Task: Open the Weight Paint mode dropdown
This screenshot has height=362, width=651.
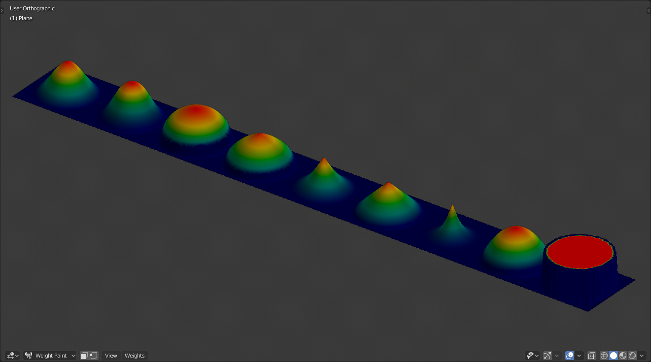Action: pyautogui.click(x=50, y=356)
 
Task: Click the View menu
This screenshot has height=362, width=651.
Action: pyautogui.click(x=111, y=356)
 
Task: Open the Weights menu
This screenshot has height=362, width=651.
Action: pyautogui.click(x=135, y=356)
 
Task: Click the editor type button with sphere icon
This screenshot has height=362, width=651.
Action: pyautogui.click(x=12, y=356)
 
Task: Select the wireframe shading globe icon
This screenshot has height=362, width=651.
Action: pyautogui.click(x=604, y=356)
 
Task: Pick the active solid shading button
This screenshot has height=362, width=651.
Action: pyautogui.click(x=614, y=356)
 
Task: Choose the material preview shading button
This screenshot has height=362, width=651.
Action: pyautogui.click(x=623, y=356)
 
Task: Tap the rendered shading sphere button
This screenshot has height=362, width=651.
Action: pyautogui.click(x=632, y=356)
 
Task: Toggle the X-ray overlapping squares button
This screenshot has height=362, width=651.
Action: pyautogui.click(x=591, y=356)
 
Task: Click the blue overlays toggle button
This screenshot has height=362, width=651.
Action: pyautogui.click(x=570, y=356)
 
